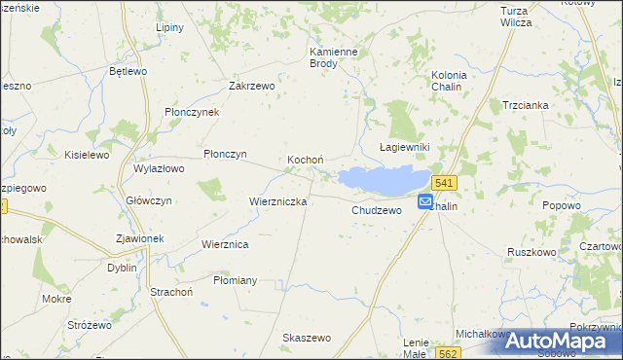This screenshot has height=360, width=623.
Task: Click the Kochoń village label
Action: (x=305, y=160)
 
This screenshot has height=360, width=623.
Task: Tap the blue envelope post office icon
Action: (x=425, y=201)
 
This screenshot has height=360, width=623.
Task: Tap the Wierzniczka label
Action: (x=278, y=201)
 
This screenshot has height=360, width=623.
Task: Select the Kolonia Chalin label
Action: (x=449, y=81)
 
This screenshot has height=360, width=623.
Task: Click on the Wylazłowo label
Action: (x=159, y=168)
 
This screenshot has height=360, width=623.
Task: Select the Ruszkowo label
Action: (x=531, y=251)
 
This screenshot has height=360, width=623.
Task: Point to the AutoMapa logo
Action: (x=564, y=340)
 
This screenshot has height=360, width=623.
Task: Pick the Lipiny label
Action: (x=169, y=27)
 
